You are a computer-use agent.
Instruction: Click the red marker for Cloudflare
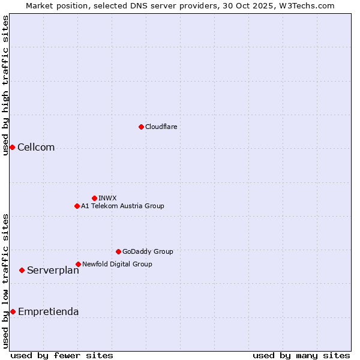[x=141, y=127]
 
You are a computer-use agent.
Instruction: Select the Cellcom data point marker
[x=12, y=148]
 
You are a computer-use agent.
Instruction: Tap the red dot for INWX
[x=94, y=198]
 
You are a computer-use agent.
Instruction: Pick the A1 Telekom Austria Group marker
[x=77, y=206]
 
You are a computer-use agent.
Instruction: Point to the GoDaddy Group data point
[x=118, y=251]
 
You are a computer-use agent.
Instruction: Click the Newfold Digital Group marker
[x=78, y=264]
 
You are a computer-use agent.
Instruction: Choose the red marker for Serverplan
[x=22, y=271]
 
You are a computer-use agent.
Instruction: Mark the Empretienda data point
[x=13, y=311]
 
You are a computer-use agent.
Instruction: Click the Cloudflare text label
[x=161, y=127]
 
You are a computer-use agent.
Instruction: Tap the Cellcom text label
[x=36, y=148]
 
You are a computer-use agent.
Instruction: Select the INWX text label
[x=107, y=198]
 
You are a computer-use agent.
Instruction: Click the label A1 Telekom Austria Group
[x=122, y=206]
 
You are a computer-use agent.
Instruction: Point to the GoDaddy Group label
[x=148, y=251]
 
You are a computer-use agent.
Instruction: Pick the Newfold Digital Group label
[x=117, y=264]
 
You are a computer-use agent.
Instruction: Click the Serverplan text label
[x=53, y=271]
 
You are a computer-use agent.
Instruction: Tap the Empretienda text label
[x=48, y=311]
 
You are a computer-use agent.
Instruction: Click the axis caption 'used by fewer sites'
[x=62, y=355]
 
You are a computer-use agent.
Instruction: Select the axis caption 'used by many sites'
[x=301, y=355]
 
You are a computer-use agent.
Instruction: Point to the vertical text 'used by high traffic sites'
[x=5, y=85]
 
